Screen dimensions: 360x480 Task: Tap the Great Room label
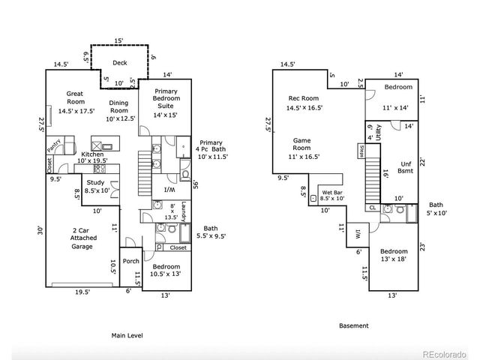pos(73,98)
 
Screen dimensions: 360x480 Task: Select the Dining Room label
pos(118,107)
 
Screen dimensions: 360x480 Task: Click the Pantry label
pos(54,142)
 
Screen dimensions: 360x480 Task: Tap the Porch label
pos(130,261)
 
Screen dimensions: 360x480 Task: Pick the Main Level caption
pos(127,334)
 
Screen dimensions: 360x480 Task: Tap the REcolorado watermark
pos(445,354)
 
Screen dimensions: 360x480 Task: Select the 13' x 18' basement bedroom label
pos(393,255)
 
